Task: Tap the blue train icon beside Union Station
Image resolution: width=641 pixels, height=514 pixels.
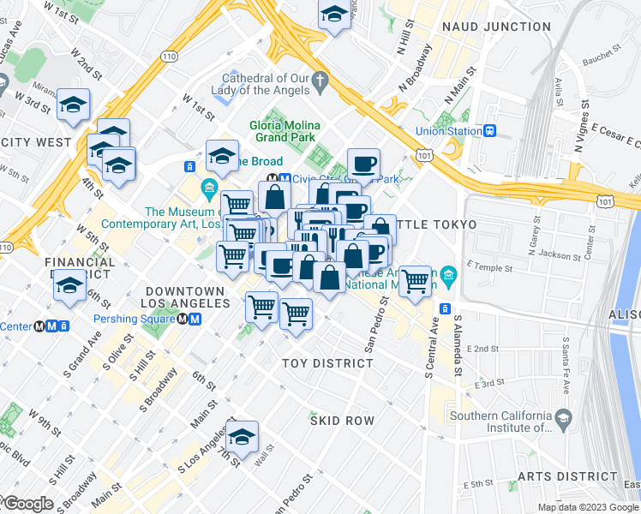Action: tap(490, 131)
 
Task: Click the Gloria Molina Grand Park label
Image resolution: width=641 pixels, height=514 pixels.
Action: tap(282, 130)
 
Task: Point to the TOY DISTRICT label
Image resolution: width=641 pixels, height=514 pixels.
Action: tap(328, 363)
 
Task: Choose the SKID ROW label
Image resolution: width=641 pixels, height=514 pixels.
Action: tap(342, 421)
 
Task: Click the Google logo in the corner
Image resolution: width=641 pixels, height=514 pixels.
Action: tap(27, 504)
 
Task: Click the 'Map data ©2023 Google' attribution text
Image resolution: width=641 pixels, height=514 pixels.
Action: tap(587, 507)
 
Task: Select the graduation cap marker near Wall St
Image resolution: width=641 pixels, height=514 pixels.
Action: tap(243, 434)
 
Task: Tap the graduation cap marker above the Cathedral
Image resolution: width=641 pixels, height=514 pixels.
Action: tap(334, 13)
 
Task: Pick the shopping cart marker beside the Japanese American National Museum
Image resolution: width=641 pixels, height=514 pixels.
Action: tap(416, 278)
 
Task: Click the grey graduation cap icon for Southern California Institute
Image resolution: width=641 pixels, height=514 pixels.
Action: tap(563, 419)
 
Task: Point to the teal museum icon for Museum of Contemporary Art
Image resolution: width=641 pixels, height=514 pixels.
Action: tap(207, 187)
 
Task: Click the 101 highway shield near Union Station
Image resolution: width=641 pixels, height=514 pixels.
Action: tap(424, 155)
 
